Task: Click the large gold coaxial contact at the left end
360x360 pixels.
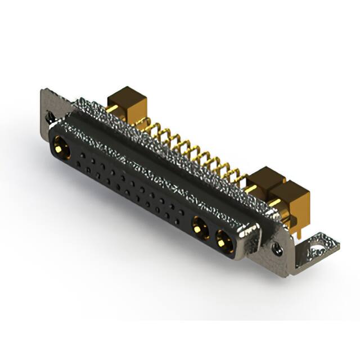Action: [61, 148]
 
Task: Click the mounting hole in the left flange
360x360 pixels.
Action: [51, 117]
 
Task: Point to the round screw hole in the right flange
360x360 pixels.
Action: [277, 246]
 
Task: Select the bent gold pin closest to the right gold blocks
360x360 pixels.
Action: [240, 179]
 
